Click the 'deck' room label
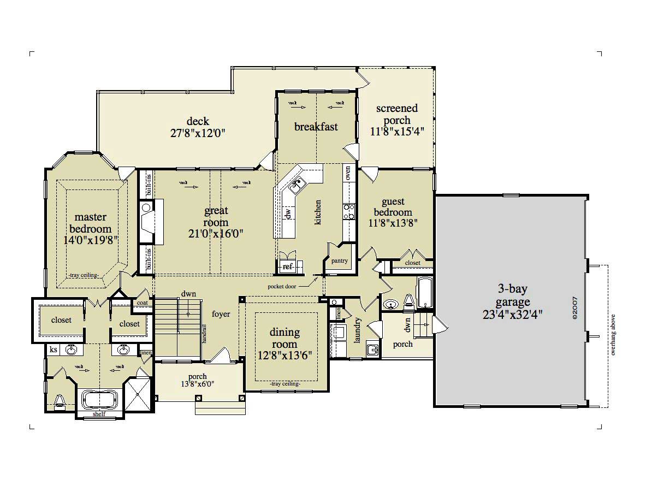(198, 121)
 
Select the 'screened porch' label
(397, 108)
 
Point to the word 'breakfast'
(316, 127)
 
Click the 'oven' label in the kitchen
(348, 173)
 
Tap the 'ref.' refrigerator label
(287, 266)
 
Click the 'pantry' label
(340, 260)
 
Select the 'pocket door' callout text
(282, 285)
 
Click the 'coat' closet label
(143, 303)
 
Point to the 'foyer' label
(221, 314)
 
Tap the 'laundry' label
(358, 330)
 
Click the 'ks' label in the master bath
(54, 349)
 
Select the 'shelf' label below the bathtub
(99, 414)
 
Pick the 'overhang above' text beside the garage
(613, 335)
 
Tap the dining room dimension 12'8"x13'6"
(285, 355)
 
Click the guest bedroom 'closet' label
(413, 263)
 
